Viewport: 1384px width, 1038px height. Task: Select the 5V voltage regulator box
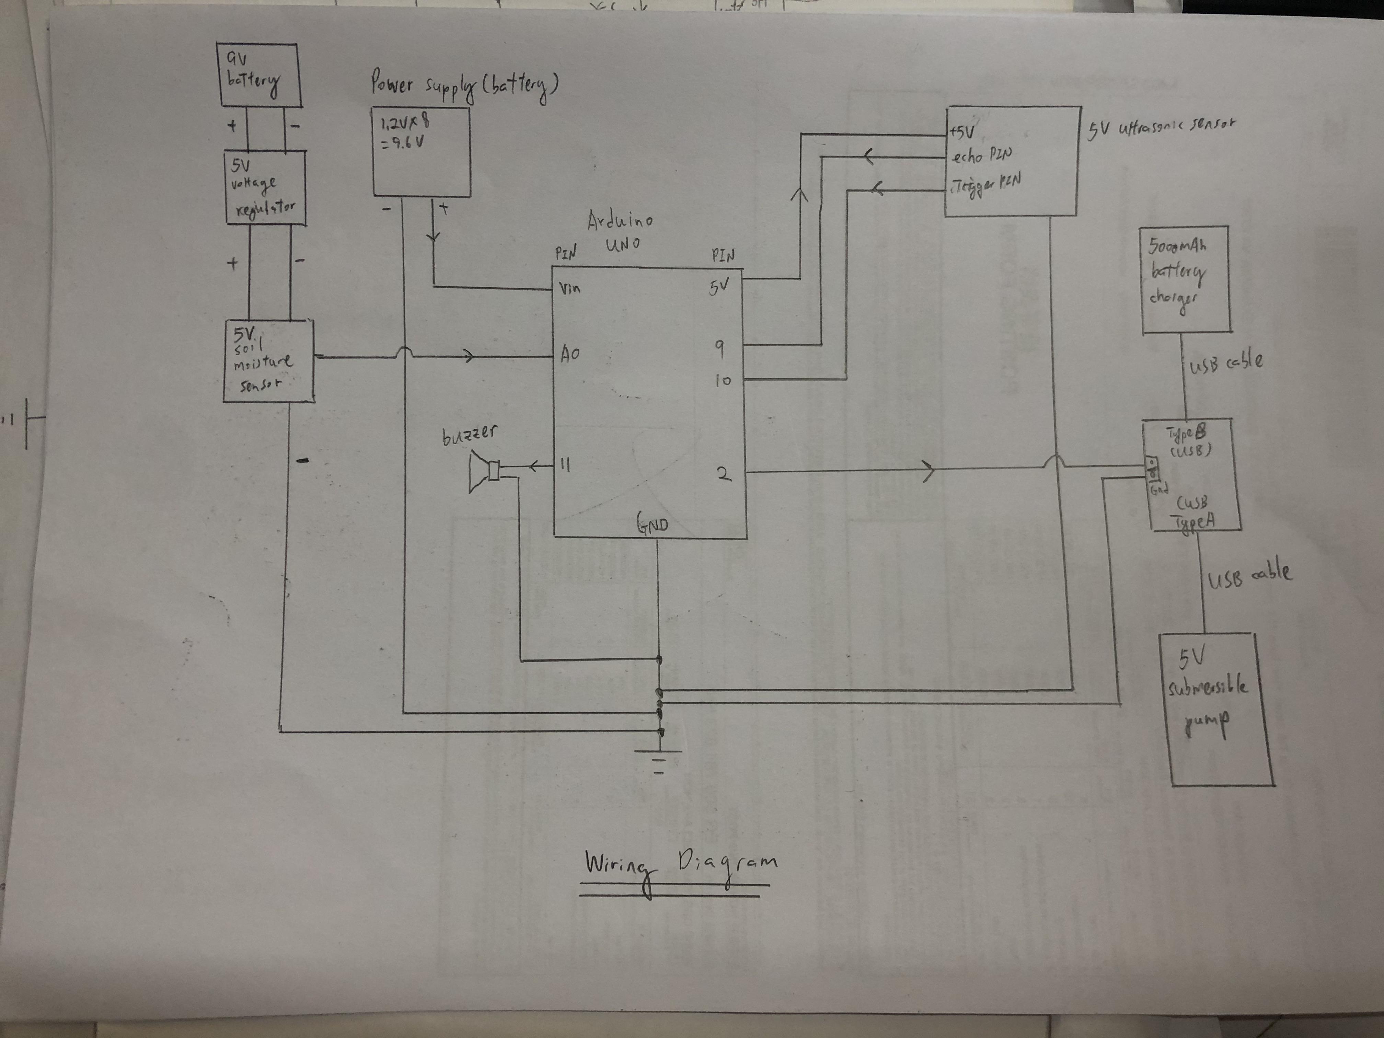click(x=265, y=188)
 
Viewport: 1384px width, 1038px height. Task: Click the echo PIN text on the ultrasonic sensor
click(x=981, y=157)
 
